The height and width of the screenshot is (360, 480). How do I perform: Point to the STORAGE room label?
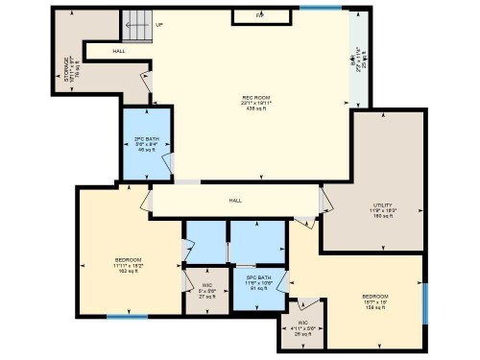click(x=67, y=69)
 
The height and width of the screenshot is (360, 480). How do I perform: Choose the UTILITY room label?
click(x=384, y=205)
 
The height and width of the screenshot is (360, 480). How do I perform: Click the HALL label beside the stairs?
click(x=118, y=51)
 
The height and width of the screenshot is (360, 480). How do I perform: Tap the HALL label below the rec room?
click(x=235, y=201)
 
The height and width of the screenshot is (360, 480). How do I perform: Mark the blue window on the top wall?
click(x=320, y=8)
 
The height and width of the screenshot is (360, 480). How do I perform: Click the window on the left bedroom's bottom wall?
click(x=127, y=317)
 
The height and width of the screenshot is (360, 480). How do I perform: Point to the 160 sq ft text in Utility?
click(x=384, y=217)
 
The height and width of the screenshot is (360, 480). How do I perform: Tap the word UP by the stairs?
click(x=158, y=25)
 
